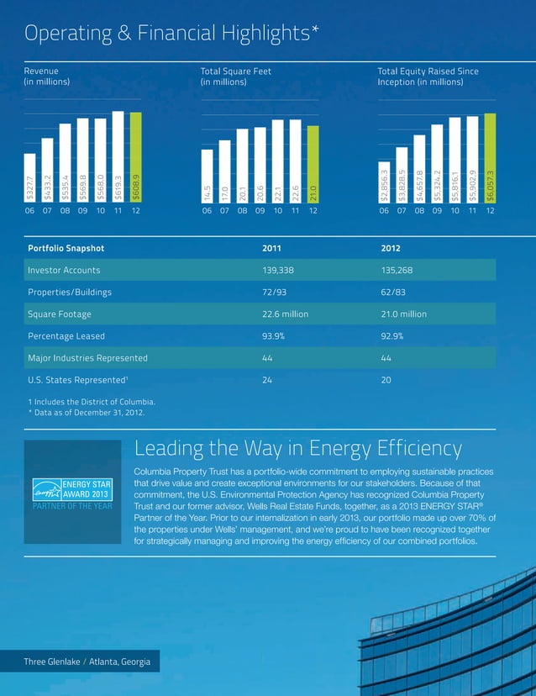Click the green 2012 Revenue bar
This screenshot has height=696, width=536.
tap(135, 157)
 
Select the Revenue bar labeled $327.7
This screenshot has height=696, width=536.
tap(29, 177)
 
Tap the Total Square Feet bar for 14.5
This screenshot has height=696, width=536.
tap(207, 176)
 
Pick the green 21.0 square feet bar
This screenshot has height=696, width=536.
tap(313, 164)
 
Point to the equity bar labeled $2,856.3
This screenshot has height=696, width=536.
tap(384, 182)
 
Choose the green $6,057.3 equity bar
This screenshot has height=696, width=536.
tap(490, 157)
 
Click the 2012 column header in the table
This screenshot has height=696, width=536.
tap(391, 248)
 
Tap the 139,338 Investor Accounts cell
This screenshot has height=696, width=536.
tap(281, 270)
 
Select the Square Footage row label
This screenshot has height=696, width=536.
tap(59, 314)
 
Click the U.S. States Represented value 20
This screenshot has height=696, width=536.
tap(386, 379)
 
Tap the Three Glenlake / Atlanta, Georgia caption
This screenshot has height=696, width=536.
tap(87, 663)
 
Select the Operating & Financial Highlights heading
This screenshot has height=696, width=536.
tap(171, 34)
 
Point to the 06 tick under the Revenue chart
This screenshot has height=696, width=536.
tap(29, 210)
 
